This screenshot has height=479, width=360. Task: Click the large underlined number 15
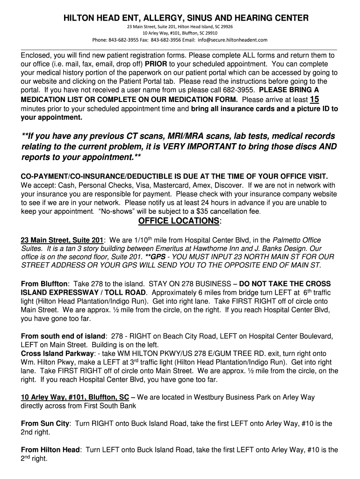[x=315, y=99]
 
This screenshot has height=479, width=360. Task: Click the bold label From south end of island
[x=63, y=336]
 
